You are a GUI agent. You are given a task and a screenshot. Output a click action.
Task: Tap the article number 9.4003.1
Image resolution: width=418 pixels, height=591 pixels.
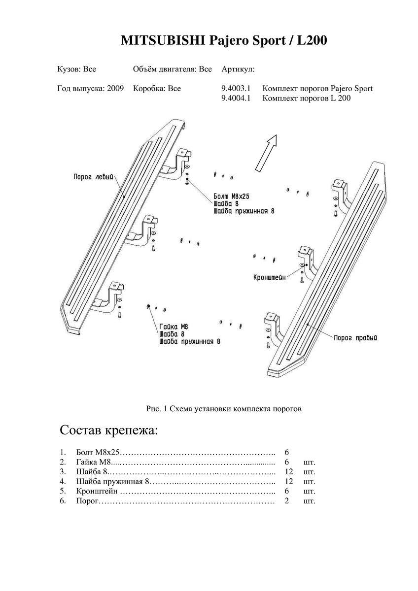point(237,89)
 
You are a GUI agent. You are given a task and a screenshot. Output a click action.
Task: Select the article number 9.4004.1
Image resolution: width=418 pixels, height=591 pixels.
point(237,98)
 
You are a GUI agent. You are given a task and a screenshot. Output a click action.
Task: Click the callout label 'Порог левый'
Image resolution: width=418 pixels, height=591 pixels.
point(94,176)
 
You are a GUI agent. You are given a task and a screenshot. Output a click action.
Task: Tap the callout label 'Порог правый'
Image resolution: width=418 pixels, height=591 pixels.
point(355,338)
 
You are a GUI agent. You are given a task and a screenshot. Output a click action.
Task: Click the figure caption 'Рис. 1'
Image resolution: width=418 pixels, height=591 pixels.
point(158,408)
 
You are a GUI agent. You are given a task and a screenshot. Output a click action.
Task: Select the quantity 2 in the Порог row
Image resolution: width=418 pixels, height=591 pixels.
point(286,501)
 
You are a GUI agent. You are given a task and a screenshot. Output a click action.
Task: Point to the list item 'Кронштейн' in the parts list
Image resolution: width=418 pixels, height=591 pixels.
point(98,492)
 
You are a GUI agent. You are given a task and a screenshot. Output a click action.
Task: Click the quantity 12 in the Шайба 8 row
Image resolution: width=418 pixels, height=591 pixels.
point(289,471)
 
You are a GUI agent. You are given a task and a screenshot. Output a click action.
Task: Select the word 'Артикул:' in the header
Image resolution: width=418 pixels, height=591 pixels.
point(239,69)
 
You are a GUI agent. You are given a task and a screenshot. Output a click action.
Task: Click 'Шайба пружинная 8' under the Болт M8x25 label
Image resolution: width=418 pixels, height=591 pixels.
point(244,210)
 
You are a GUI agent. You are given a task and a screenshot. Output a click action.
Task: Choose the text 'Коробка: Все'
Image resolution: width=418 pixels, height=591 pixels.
point(157,89)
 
